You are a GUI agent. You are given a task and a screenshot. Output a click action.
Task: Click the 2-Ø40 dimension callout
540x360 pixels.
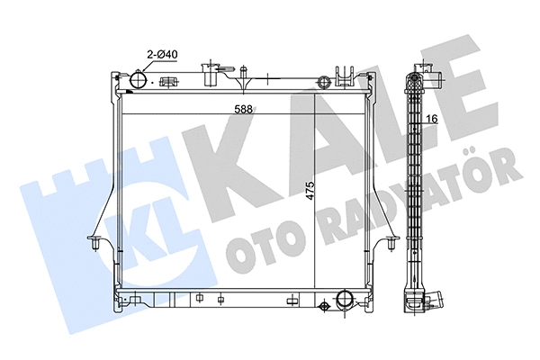(162, 55)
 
